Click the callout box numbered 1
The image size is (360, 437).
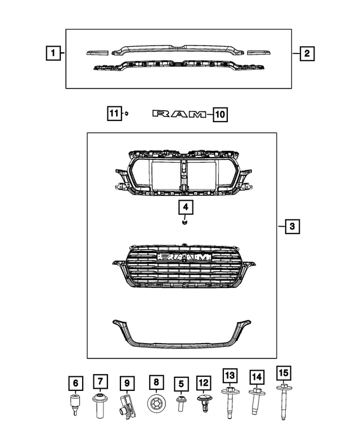[52, 54]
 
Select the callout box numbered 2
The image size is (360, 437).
[307, 54]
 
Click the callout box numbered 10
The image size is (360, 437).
[219, 115]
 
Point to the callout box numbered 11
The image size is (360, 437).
[114, 114]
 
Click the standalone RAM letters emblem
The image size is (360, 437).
[179, 115]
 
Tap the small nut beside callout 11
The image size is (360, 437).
[128, 114]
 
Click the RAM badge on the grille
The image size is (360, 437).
[186, 256]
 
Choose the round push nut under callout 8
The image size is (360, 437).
[156, 404]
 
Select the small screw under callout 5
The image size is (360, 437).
[181, 403]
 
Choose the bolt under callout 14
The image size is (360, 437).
[256, 404]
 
